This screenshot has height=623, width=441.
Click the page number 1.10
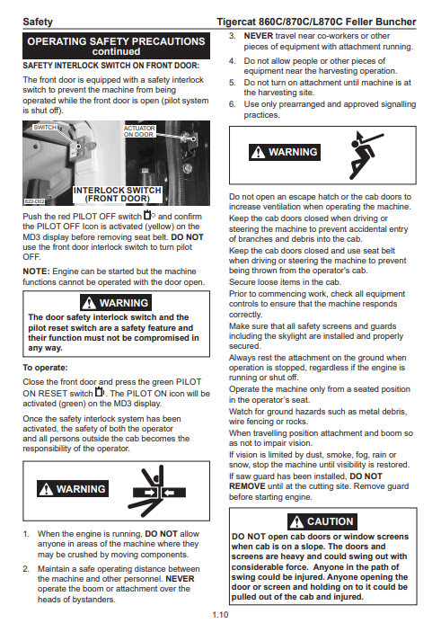point(220,614)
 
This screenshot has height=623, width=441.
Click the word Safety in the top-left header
point(38,22)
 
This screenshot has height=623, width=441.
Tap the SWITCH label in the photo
point(45,127)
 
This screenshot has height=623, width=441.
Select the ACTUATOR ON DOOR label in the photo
point(139,131)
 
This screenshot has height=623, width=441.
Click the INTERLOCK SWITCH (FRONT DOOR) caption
point(117,194)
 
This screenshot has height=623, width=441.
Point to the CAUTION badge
point(322,521)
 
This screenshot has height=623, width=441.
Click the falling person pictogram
point(366,154)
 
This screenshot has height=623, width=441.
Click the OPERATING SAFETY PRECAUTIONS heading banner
point(116,46)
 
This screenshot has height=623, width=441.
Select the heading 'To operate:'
point(45,368)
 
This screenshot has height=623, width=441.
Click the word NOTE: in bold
point(37,271)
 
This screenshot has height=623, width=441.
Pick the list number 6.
point(233,104)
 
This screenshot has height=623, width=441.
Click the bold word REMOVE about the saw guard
point(247,486)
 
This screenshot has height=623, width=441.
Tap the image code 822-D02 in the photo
point(34,201)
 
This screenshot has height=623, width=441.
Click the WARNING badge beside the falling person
point(285,152)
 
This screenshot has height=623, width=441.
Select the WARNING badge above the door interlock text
point(116,303)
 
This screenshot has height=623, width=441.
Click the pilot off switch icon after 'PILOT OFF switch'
point(149,216)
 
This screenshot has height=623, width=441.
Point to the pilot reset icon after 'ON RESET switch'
point(100,392)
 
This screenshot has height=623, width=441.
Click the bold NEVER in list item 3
point(259,36)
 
